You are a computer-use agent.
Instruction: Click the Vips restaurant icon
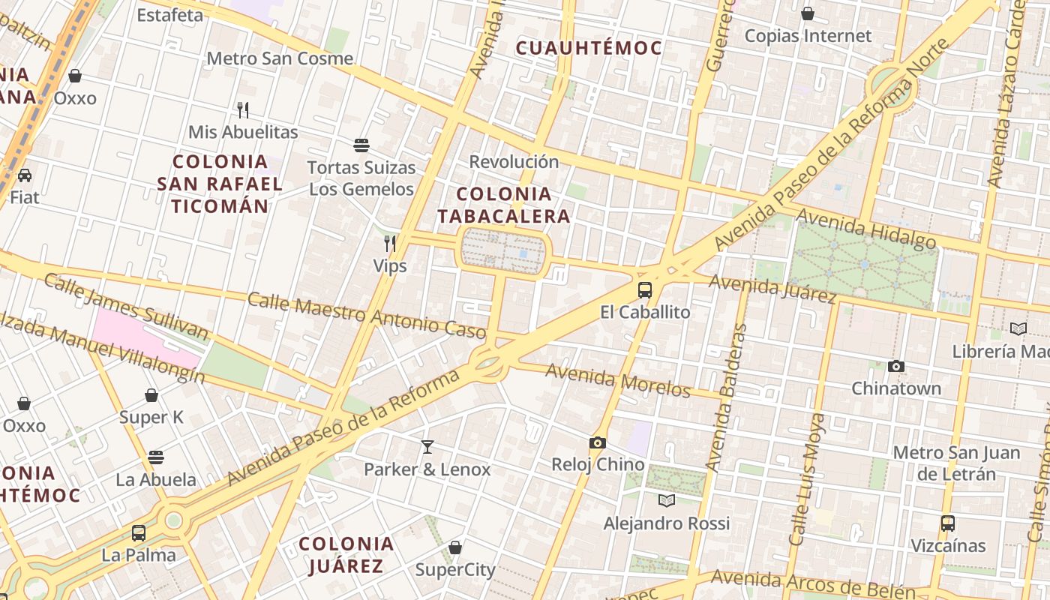(390, 243)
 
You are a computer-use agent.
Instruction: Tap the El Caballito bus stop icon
(645, 290)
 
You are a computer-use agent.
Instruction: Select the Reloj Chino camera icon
(598, 442)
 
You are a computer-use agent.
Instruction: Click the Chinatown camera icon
(895, 367)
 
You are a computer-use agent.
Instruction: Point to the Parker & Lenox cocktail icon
(427, 447)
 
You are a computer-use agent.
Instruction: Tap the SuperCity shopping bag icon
(455, 547)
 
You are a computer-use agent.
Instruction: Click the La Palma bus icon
(139, 533)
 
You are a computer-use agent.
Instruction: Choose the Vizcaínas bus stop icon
(948, 523)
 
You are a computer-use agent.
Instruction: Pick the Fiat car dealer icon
(25, 175)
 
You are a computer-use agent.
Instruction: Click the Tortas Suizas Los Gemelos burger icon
(361, 145)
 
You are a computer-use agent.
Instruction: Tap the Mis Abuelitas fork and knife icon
(243, 110)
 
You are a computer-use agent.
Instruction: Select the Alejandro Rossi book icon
(666, 500)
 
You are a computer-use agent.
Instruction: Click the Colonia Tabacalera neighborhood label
(504, 205)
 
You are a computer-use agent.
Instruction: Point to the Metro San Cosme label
(280, 58)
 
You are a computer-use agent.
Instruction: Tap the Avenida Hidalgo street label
(866, 228)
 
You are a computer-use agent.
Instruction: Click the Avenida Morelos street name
(617, 380)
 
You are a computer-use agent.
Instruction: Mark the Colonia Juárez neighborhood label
(346, 554)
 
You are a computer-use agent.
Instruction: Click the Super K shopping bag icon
(151, 395)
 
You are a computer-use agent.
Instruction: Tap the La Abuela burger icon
(156, 457)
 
